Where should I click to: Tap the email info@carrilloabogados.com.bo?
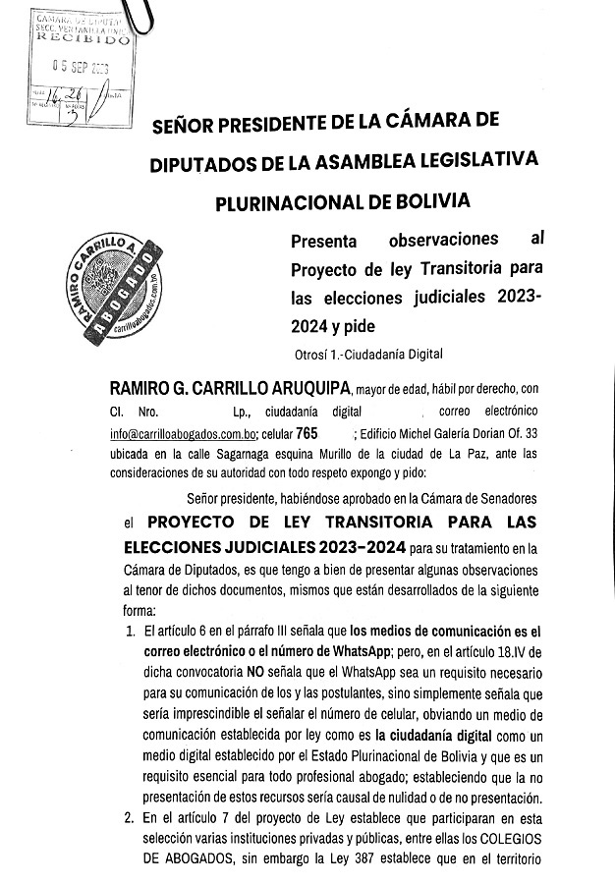[x=184, y=432]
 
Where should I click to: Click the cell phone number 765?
[x=307, y=432]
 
